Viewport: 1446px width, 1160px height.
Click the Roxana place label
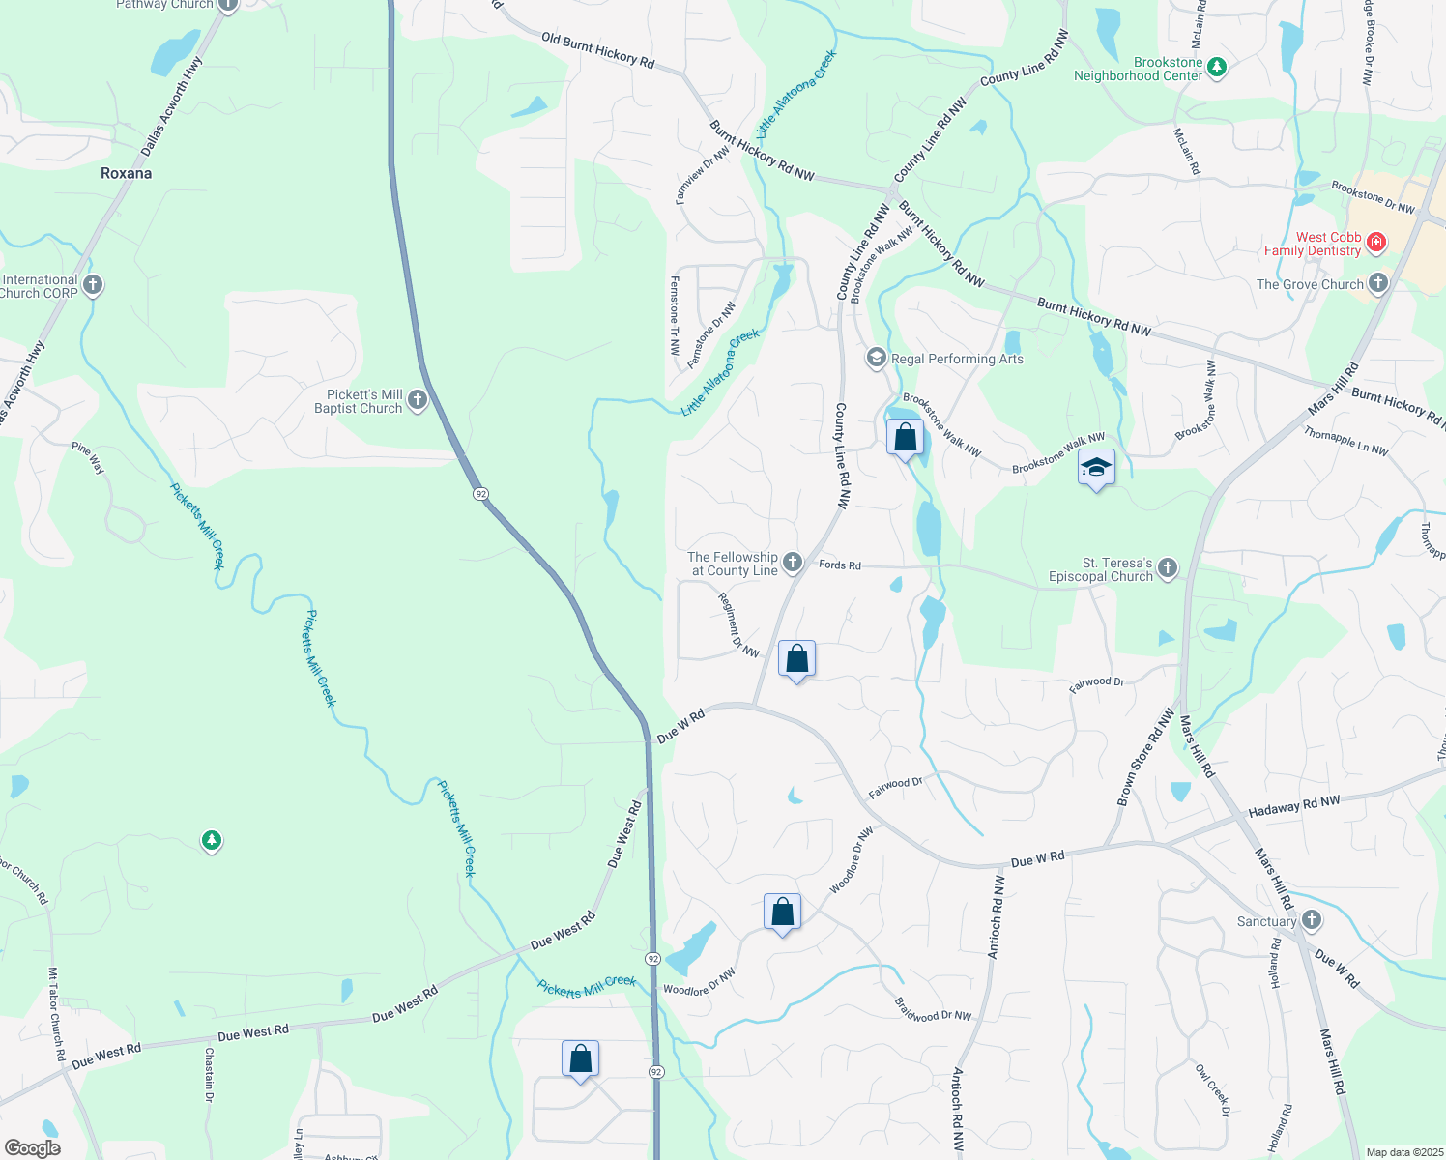click(127, 174)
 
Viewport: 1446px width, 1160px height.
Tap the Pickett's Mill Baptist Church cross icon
click(418, 400)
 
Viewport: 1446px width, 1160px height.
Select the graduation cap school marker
click(1096, 469)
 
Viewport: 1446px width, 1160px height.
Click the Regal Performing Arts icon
click(877, 359)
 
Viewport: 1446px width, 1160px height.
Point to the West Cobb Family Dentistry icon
click(1376, 244)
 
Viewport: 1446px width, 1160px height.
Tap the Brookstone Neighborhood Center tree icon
click(1218, 68)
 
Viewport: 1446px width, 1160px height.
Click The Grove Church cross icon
click(1378, 284)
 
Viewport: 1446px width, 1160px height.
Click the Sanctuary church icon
click(1312, 920)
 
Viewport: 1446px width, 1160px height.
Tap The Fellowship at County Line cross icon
click(793, 563)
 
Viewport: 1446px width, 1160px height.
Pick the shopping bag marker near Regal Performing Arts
click(905, 438)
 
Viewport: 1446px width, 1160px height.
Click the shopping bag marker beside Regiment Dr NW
click(796, 659)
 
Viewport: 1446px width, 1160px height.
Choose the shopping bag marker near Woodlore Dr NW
click(782, 912)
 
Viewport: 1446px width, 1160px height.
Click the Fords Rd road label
click(840, 565)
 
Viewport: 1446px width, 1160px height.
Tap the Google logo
click(32, 1147)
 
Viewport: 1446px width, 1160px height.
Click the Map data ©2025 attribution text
click(1403, 1152)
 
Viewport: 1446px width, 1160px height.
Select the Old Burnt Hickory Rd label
click(597, 51)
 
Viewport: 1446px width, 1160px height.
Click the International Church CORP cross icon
click(93, 285)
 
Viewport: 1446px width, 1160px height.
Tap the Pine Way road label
click(88, 457)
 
